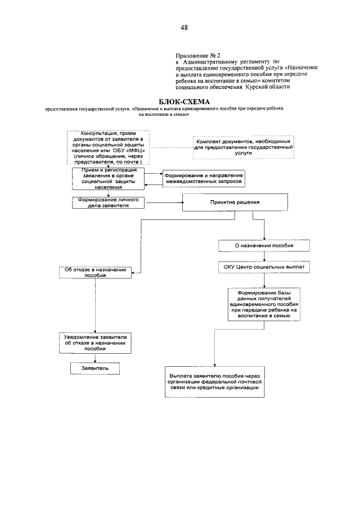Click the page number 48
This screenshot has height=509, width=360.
click(x=184, y=27)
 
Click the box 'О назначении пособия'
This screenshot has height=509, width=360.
click(x=264, y=246)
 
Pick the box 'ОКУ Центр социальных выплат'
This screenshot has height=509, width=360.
click(x=264, y=268)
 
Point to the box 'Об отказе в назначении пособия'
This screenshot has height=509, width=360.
click(x=95, y=272)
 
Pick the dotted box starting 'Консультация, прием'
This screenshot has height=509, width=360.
click(x=106, y=148)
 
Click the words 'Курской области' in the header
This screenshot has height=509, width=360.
click(x=268, y=87)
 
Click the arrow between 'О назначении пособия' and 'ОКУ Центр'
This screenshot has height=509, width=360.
click(x=264, y=257)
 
